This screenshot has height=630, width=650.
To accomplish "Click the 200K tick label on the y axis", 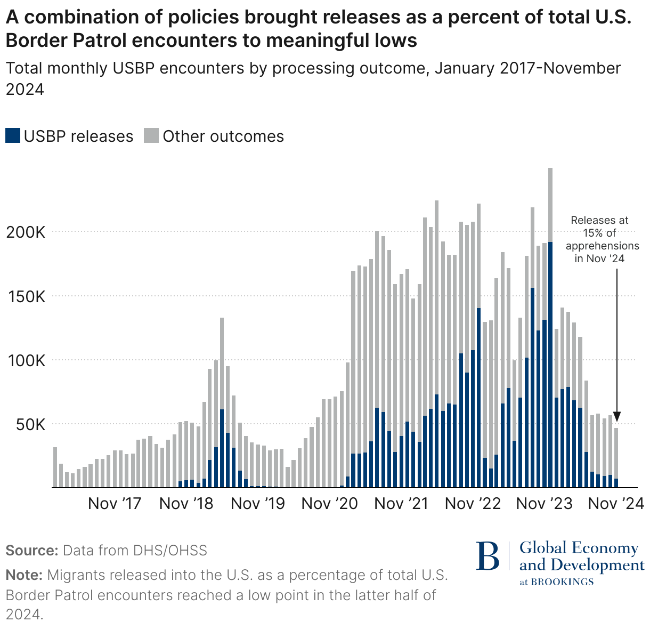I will [26, 232].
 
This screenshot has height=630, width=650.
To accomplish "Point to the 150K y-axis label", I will [26, 297].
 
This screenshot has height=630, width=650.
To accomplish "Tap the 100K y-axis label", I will [26, 361].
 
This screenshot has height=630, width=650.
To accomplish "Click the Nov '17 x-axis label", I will [115, 504].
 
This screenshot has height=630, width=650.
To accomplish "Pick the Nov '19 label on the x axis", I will [258, 504].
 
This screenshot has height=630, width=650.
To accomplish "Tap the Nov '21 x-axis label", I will [402, 504].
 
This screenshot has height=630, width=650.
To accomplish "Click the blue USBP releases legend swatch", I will [13, 136].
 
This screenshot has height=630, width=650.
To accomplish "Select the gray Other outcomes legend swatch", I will [151, 136].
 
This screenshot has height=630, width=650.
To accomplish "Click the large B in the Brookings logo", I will [488, 556].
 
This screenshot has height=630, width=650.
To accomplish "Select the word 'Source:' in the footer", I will [31, 551].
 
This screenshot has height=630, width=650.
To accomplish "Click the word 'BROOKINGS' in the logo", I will [563, 581].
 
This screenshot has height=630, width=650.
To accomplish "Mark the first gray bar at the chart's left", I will [55, 467].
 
